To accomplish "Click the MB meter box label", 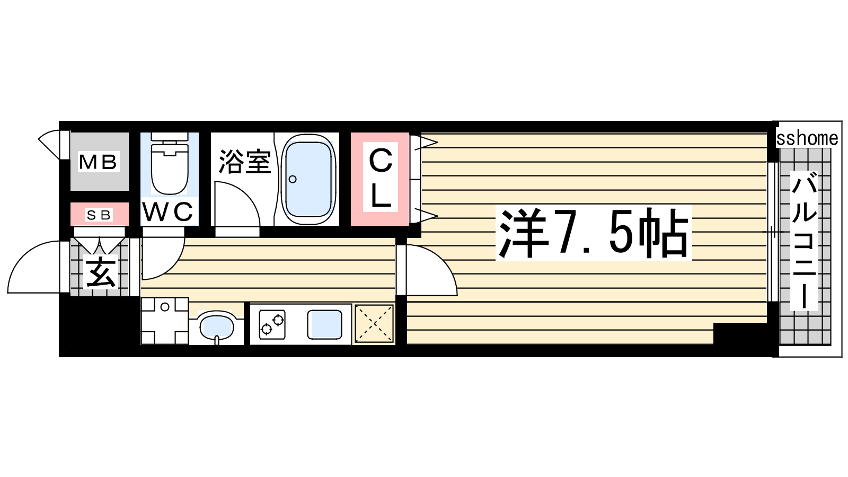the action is [x=98, y=162].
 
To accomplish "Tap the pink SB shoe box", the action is [x=100, y=214].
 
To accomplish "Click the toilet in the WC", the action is [x=170, y=164].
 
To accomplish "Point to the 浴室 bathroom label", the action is [x=245, y=162].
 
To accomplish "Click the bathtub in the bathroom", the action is [x=308, y=180].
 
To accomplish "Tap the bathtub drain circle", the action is [x=293, y=179].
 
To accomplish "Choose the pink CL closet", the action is [x=380, y=179].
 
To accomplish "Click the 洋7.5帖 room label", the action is [x=593, y=233].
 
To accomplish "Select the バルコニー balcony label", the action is [x=804, y=241].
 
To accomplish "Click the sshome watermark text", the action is [x=807, y=138].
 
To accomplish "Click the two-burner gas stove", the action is [x=272, y=324].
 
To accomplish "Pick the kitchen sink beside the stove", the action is [x=324, y=324].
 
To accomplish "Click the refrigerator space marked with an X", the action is [x=374, y=324].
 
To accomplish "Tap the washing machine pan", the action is [x=165, y=321].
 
